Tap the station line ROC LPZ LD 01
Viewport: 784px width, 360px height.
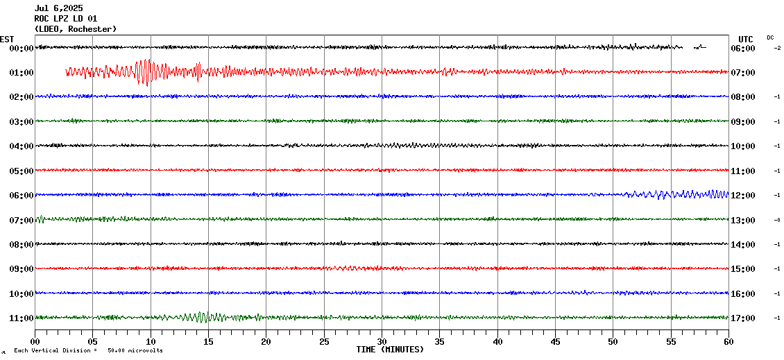click(66, 19)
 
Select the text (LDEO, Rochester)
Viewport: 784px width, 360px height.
click(75, 29)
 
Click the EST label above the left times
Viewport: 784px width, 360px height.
click(8, 39)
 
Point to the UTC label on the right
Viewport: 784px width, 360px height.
click(746, 39)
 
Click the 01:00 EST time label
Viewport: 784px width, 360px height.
click(22, 73)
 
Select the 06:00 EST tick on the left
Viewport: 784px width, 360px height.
click(22, 196)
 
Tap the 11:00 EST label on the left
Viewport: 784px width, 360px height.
click(22, 318)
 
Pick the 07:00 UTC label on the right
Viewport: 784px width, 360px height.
click(743, 73)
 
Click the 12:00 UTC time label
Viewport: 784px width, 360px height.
click(743, 196)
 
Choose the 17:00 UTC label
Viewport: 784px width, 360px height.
click(743, 318)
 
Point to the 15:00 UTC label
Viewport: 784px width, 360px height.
click(743, 269)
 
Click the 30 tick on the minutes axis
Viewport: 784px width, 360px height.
click(382, 341)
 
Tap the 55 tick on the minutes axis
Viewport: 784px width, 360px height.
click(671, 341)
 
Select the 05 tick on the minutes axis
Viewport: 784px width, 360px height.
click(93, 341)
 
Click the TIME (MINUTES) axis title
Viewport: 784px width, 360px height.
click(390, 350)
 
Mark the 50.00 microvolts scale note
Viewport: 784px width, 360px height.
click(135, 350)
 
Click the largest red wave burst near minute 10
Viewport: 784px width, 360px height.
click(145, 71)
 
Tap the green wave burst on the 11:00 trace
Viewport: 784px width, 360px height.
click(198, 317)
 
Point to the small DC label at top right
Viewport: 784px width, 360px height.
click(770, 37)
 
